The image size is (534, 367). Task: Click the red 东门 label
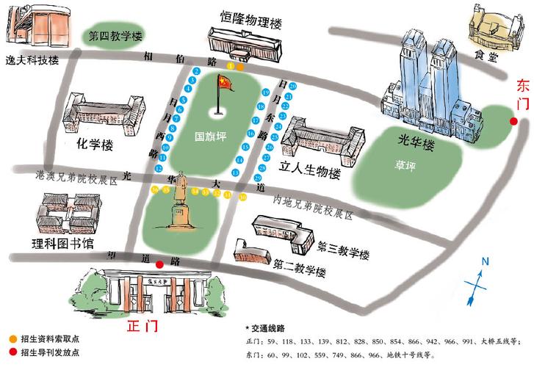pyautogui.click(x=522, y=91)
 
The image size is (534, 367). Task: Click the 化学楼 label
pyautogui.click(x=93, y=145)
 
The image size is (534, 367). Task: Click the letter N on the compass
pyautogui.click(x=485, y=261)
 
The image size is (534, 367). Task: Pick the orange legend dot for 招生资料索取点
pyautogui.click(x=12, y=338)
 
